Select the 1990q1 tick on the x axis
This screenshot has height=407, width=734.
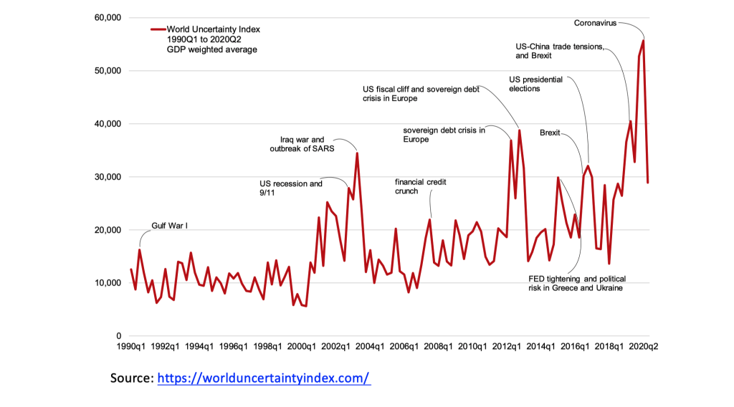tap(131, 347)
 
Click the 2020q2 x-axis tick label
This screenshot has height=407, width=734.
tap(643, 347)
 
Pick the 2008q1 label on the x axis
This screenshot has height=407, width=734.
tap(438, 347)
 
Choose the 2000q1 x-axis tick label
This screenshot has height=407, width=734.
tap(301, 347)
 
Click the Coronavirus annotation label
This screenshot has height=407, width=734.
tap(595, 24)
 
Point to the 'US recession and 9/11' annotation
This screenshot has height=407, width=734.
tap(290, 188)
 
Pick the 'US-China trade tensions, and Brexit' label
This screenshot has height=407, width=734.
tap(559, 51)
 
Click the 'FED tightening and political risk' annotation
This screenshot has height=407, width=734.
tap(571, 283)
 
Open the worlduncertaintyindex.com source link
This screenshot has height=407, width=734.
tap(263, 378)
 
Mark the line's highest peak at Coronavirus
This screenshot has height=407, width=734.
tap(643, 40)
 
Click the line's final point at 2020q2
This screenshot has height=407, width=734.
tap(648, 182)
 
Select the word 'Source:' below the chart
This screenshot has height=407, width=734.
tap(131, 378)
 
